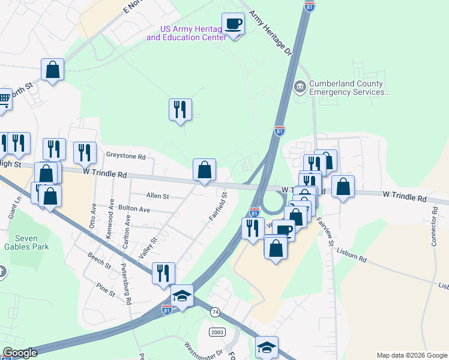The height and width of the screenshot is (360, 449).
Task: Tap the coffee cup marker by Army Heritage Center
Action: click(x=233, y=25)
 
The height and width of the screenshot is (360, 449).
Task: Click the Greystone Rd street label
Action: click(x=125, y=156)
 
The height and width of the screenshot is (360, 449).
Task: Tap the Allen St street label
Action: click(x=158, y=196)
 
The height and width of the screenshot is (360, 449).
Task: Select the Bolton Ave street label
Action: click(x=134, y=209)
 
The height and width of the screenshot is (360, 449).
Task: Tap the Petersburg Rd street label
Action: click(x=128, y=284)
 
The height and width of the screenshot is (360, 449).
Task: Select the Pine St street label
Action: click(x=105, y=289)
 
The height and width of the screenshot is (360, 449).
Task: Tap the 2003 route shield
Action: click(x=217, y=332)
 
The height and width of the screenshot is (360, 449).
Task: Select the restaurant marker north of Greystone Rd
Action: click(x=180, y=110)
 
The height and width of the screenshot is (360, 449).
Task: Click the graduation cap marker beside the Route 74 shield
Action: click(x=182, y=296)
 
